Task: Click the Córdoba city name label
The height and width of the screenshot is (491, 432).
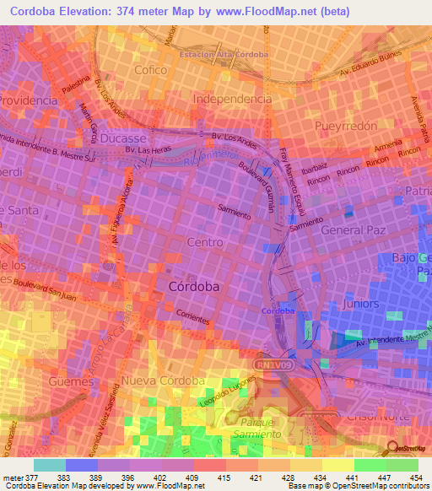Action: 194,287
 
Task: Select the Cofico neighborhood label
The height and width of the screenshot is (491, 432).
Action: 151,70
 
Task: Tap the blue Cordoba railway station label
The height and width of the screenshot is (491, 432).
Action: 278,310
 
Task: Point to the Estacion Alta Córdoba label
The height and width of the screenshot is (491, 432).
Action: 224,55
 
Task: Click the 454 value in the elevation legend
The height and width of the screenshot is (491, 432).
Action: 416,478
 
